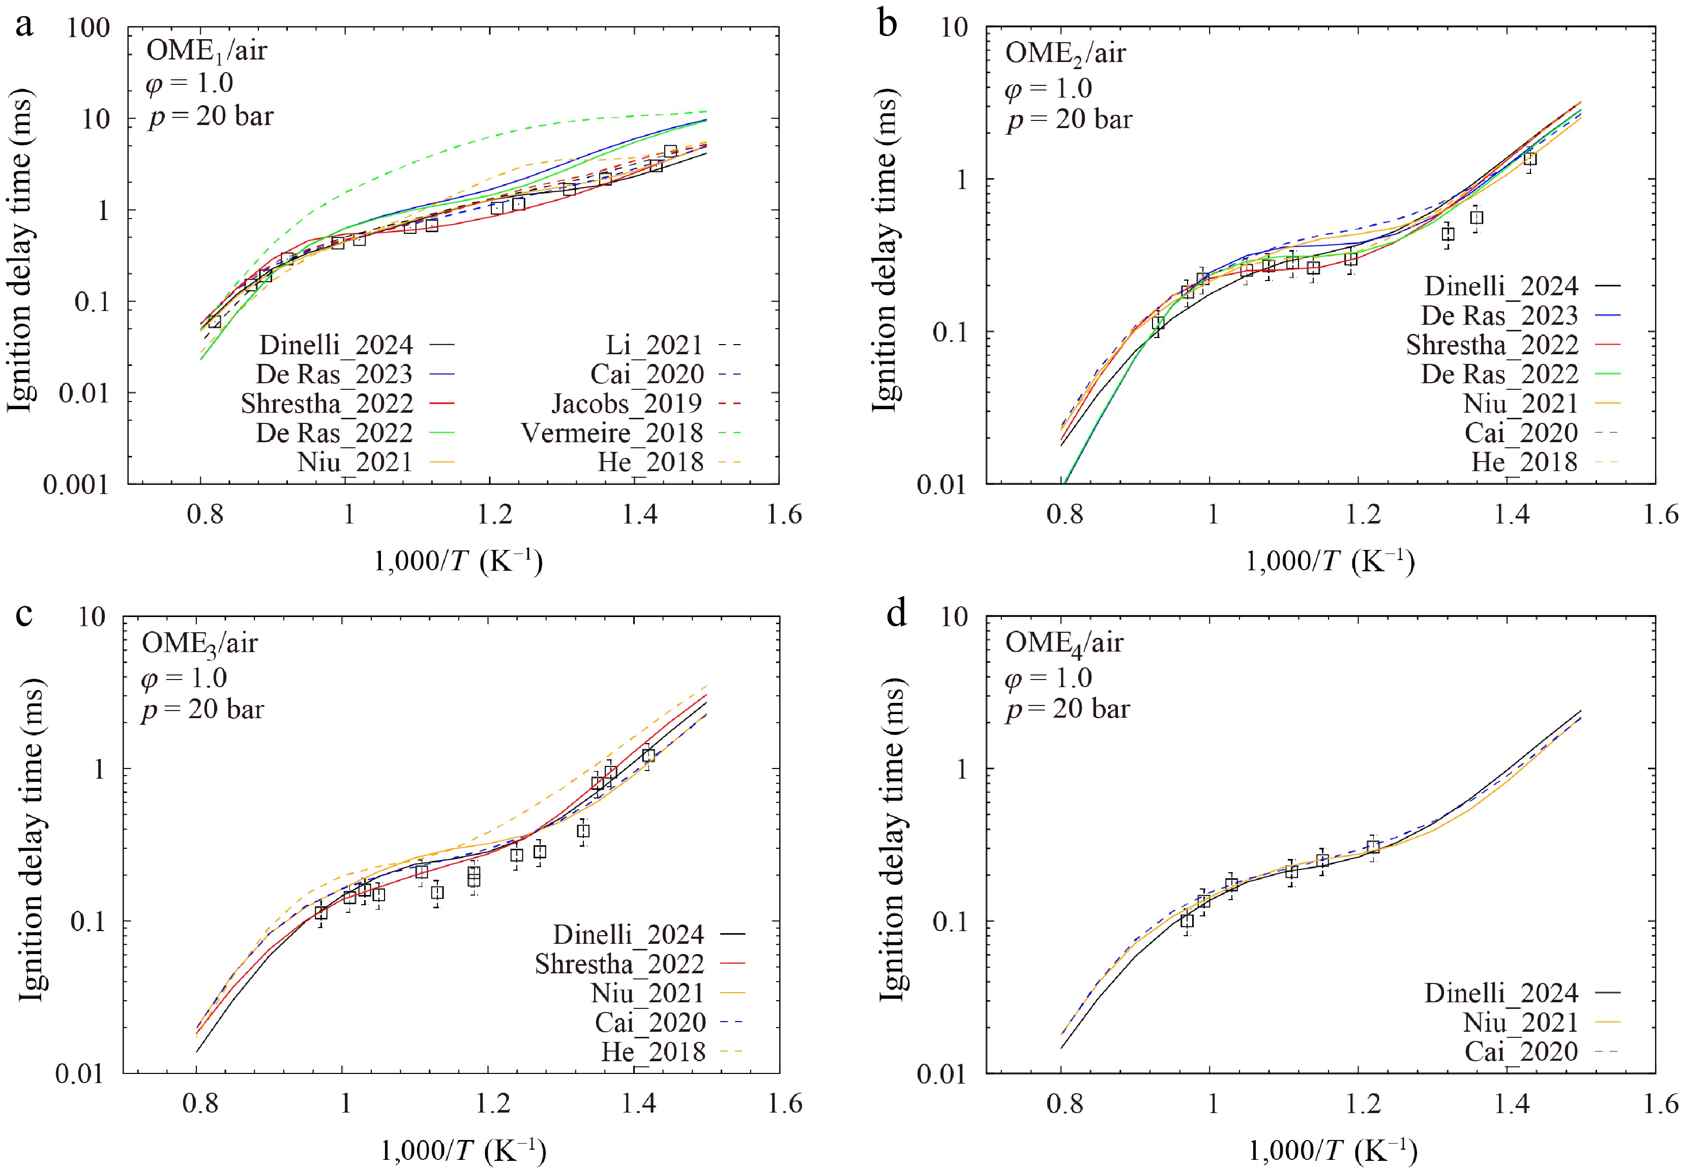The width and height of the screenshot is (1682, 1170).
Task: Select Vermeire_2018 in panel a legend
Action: [612, 433]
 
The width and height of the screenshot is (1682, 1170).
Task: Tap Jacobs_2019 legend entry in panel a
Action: [626, 404]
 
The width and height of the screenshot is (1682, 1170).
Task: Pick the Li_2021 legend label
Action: [654, 345]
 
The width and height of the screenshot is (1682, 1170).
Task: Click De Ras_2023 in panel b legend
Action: [1499, 316]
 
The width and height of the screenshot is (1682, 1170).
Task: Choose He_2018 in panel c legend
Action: [654, 1052]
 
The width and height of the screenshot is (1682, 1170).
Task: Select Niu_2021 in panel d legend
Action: [1520, 1022]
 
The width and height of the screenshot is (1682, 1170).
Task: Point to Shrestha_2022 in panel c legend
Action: [619, 964]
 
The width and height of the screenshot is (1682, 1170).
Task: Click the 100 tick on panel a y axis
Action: [88, 28]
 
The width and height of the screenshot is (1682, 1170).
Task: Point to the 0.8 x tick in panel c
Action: [200, 1103]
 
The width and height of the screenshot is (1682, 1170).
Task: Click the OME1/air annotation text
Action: [206, 51]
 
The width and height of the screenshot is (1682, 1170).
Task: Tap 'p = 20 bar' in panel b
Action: [1069, 119]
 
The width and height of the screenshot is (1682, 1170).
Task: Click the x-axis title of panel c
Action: [463, 1150]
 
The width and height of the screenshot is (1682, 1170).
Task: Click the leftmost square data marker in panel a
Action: [214, 321]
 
